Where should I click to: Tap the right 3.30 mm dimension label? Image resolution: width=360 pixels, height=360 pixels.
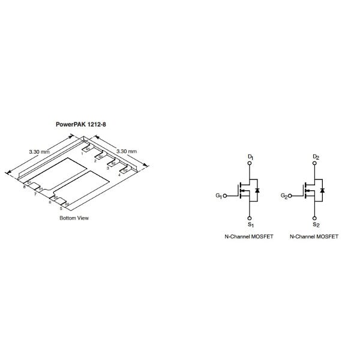pos(126,151)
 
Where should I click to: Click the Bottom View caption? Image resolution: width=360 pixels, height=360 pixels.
pos(74,218)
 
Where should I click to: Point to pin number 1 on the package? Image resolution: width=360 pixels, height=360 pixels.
pos(82,154)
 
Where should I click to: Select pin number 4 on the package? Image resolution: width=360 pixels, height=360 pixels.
pos(119,175)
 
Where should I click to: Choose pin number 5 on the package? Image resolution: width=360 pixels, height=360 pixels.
pos(61,208)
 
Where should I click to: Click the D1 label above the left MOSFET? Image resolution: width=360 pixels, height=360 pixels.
pos(250,157)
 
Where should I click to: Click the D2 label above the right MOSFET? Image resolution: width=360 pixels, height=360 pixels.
pos(316,157)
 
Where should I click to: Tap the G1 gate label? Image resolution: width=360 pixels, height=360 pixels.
pos(218,196)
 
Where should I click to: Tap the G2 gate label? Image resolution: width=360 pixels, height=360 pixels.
pos(284,196)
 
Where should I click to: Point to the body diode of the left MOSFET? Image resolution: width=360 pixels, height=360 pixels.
pos(257,191)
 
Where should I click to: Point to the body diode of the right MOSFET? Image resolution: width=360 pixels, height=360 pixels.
pos(322,191)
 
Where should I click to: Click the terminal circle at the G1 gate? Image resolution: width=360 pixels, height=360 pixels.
pos(226,196)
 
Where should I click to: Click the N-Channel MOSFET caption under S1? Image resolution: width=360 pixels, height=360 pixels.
pos(248,237)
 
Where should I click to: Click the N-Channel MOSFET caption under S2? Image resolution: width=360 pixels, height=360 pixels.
pos(314,237)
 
